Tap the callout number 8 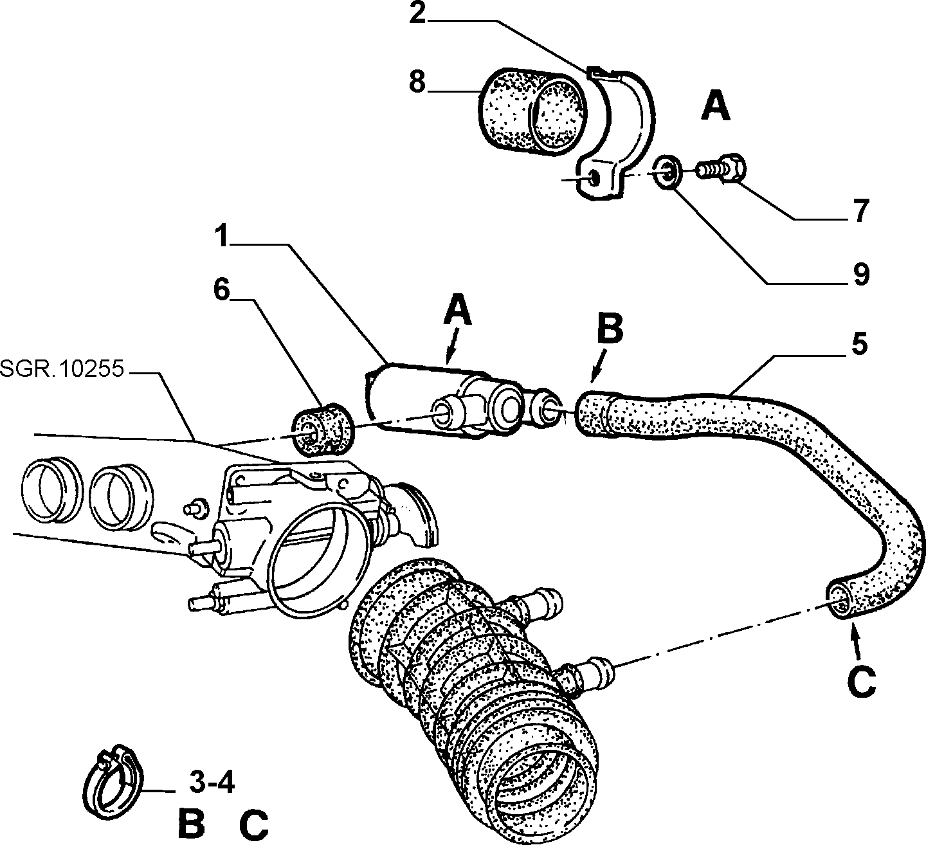(417, 83)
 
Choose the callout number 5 (859, 345)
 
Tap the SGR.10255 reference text (62, 369)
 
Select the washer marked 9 (666, 173)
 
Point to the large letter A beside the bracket (716, 106)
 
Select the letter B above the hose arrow (610, 329)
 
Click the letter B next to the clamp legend (191, 824)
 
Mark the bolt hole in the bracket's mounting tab (594, 179)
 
